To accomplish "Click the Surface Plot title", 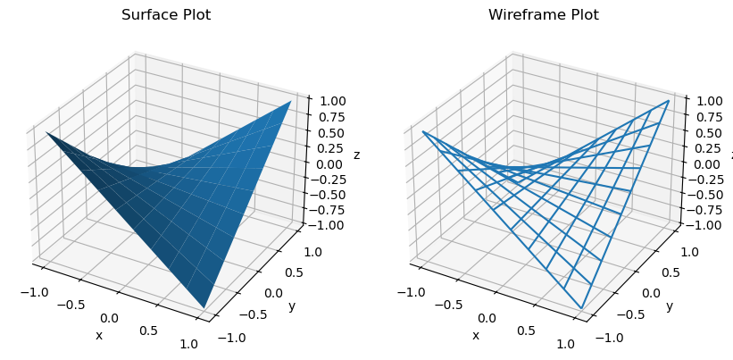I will (169, 15).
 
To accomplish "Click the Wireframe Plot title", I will (543, 15).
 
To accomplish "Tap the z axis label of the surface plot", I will (357, 155).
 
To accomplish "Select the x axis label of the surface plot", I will (98, 335).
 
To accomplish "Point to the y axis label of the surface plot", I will (291, 307).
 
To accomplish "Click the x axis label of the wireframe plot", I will (475, 335).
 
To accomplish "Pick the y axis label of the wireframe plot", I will (669, 307).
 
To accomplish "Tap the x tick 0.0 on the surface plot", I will (109, 318).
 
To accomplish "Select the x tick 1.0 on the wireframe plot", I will (565, 344).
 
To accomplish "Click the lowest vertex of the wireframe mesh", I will (582, 309).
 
